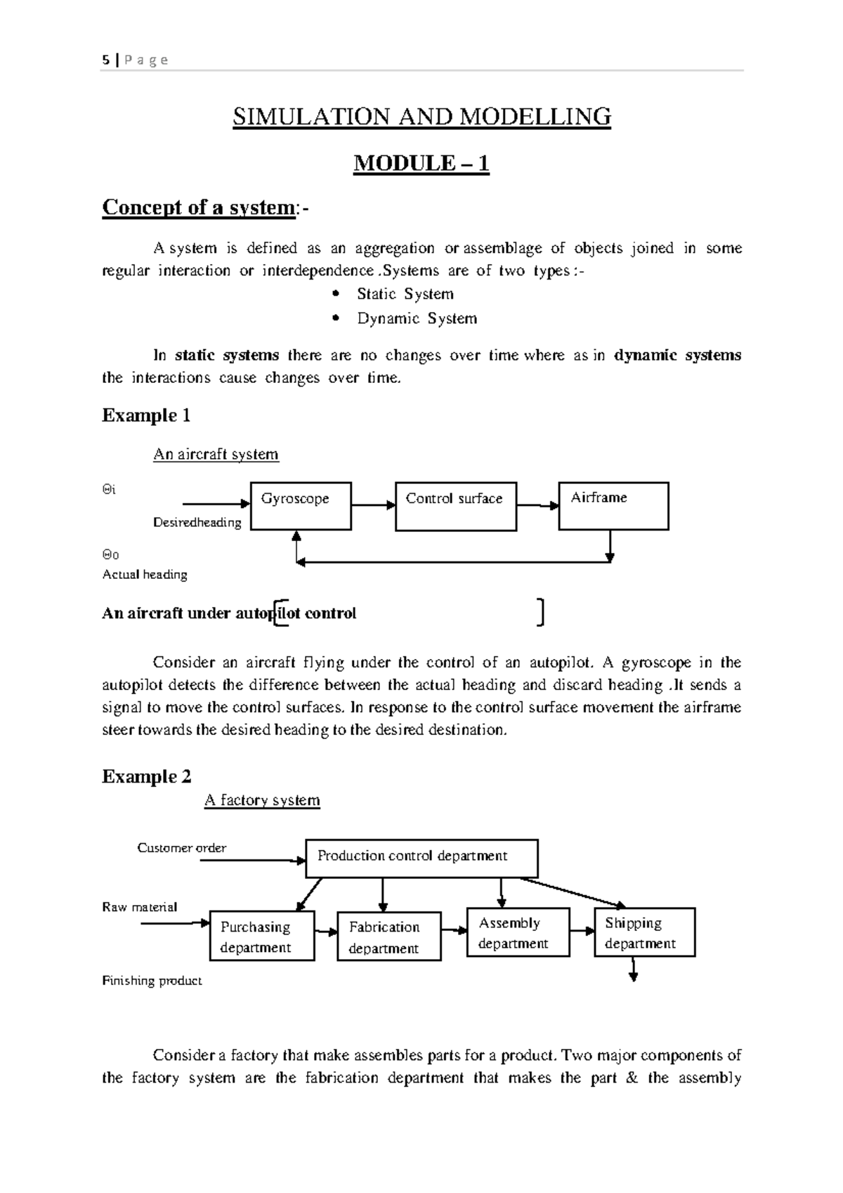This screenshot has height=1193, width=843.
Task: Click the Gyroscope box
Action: (301, 506)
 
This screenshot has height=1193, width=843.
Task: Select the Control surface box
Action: (456, 506)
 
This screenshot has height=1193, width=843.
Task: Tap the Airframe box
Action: (613, 506)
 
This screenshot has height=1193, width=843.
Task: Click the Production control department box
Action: (421, 858)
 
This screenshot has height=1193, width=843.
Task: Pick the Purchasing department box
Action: (262, 937)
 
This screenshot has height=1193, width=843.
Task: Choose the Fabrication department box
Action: (389, 937)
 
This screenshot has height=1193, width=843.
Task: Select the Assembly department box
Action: (518, 932)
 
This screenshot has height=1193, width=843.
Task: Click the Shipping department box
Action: (644, 932)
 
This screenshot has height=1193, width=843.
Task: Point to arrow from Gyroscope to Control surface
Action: (373, 505)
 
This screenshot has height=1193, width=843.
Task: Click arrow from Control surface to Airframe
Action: (537, 505)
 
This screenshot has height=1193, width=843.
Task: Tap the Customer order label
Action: (181, 848)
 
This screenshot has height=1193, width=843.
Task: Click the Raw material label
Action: (140, 907)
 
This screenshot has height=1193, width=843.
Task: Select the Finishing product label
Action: (152, 981)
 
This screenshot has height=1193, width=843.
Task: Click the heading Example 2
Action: (146, 776)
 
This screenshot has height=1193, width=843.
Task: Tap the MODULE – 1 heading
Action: (421, 164)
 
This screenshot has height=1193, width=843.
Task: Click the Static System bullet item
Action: (405, 294)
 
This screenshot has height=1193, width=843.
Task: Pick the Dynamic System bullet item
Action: (417, 318)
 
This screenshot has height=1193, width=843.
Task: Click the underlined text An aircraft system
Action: (216, 455)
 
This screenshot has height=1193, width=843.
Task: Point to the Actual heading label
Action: (145, 575)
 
